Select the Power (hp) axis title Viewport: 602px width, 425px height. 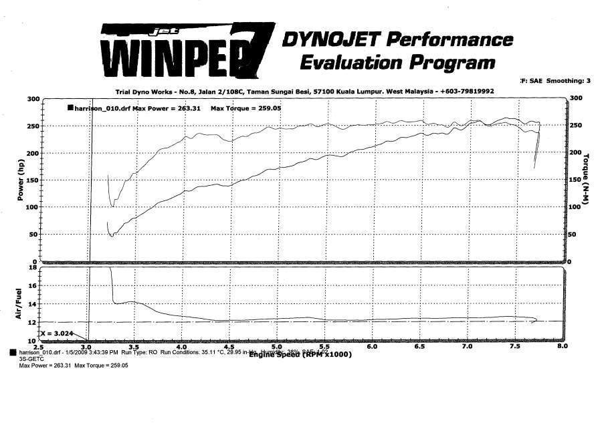click(21, 180)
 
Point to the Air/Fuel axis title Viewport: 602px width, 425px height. click(19, 304)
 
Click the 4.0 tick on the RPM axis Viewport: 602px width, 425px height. click(182, 347)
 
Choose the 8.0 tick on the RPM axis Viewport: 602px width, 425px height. click(562, 347)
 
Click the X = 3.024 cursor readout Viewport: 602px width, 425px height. click(57, 332)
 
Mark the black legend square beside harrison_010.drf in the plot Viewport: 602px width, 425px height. click(70, 107)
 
